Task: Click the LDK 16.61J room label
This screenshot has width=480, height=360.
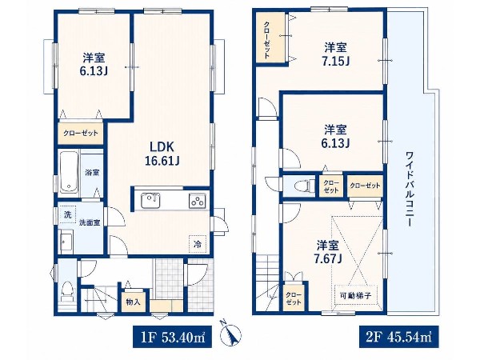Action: (162, 154)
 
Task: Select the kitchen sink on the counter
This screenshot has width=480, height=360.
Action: (150, 201)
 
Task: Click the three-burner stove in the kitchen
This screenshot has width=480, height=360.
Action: (197, 201)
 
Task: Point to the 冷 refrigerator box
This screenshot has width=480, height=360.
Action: (198, 244)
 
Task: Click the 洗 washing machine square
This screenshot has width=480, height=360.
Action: (67, 214)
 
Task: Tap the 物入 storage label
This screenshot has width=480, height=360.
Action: (133, 302)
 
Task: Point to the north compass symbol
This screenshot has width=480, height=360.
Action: (231, 333)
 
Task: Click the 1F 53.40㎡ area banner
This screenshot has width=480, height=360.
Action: (172, 337)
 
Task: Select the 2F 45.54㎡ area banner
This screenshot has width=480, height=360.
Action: (399, 337)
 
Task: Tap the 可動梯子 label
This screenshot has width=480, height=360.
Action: (355, 295)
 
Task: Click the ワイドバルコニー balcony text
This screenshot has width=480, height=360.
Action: (410, 189)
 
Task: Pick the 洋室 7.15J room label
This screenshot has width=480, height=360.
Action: (335, 54)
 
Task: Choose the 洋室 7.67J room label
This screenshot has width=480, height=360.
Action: (327, 252)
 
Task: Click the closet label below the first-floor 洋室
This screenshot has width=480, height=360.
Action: (81, 133)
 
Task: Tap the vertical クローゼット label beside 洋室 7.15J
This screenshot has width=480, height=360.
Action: (267, 40)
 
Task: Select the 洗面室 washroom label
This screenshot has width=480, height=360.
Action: (90, 222)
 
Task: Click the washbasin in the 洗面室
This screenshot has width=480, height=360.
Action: (66, 242)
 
